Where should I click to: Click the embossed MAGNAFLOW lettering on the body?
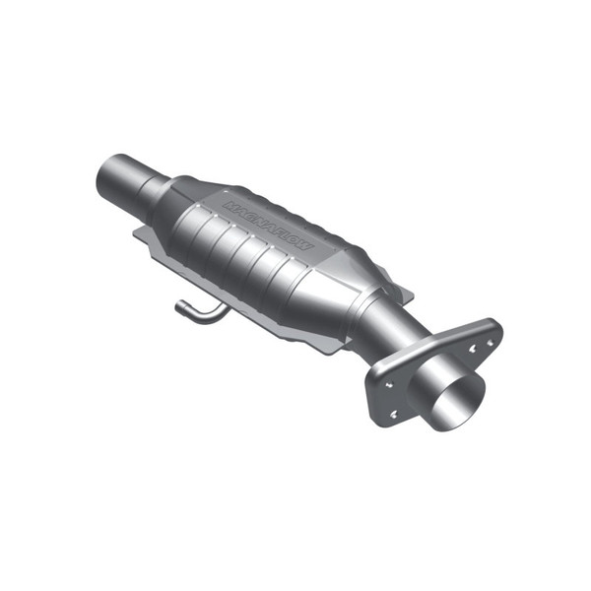click(268, 225)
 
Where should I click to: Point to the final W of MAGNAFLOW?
click(307, 243)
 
